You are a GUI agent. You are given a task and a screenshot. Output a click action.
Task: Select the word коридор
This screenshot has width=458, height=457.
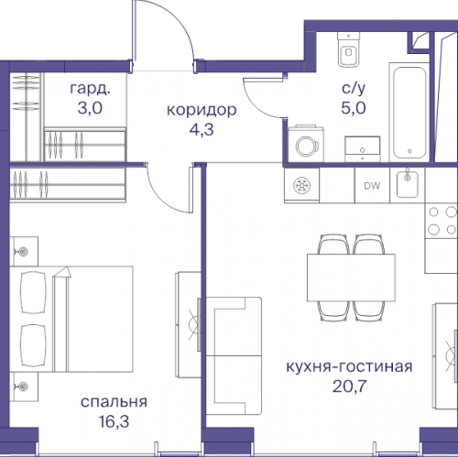pos(201,110)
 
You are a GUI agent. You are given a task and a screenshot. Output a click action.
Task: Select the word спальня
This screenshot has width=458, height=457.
pos(114,401)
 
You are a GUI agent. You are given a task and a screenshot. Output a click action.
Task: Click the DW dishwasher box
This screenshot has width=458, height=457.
pos(372,186)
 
